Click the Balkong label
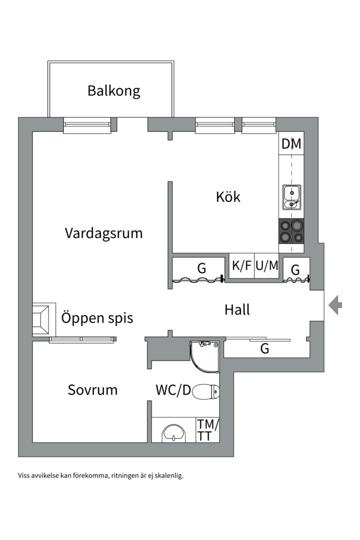pos(113,91)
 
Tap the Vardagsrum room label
pos(103,233)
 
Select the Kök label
pos(228,196)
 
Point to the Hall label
pos(237,309)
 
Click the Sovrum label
pos(92,389)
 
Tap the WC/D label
pos(173,390)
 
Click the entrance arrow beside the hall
pos(335,304)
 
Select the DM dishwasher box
pos(291,144)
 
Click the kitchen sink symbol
pos(291,196)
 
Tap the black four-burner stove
pos(291,231)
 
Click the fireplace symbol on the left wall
pos(41,319)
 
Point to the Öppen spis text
pos(97,317)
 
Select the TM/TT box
pos(207,430)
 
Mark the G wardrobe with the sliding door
pos(264,349)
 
